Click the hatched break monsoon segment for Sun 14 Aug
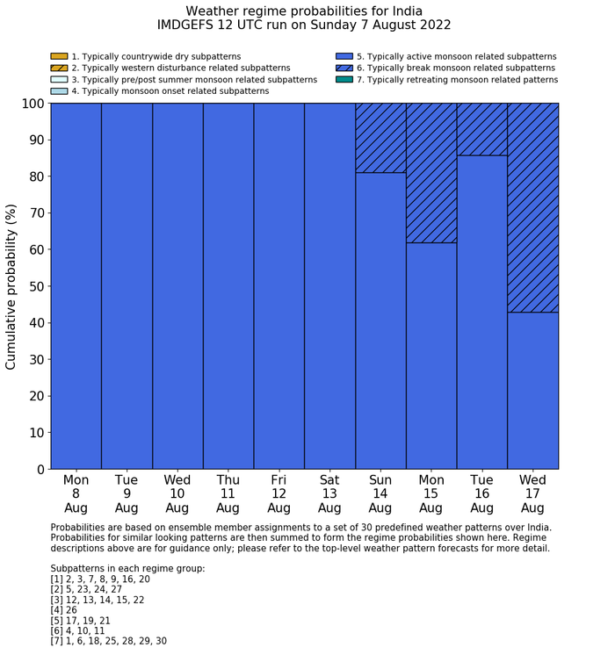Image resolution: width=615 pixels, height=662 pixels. [380, 138]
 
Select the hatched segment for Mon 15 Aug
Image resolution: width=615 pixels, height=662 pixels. [431, 172]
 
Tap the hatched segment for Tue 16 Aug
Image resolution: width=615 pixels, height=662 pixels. [482, 129]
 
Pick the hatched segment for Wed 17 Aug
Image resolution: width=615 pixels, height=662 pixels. [533, 207]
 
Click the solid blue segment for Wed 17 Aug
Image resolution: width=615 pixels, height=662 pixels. [533, 391]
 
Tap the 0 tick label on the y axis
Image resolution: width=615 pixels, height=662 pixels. [40, 470]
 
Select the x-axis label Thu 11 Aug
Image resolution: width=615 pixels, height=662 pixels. [228, 494]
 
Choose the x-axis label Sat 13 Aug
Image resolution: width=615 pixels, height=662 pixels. [329, 494]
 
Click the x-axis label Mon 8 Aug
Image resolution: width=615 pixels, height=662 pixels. [76, 494]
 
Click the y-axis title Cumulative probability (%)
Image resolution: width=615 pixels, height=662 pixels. [11, 286]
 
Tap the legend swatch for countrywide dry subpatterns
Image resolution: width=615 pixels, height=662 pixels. [59, 56]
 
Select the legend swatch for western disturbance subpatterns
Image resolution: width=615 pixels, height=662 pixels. [59, 68]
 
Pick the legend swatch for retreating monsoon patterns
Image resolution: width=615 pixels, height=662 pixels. [344, 79]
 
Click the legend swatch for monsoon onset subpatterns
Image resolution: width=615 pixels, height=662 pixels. [59, 90]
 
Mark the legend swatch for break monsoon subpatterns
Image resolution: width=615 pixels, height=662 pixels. [344, 68]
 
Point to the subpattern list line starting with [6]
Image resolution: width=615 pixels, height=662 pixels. [78, 630]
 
